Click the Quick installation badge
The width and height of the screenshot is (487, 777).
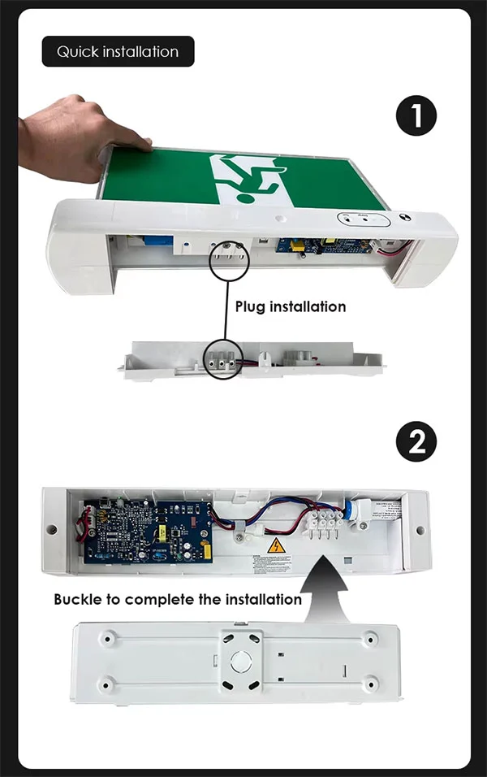(x=118, y=51)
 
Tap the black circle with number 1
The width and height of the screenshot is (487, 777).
(x=416, y=116)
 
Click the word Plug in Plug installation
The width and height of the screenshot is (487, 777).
(x=252, y=306)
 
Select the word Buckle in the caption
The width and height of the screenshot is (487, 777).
(x=77, y=600)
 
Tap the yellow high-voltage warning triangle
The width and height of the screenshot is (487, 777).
(x=276, y=546)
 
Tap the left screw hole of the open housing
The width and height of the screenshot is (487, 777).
(x=52, y=529)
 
